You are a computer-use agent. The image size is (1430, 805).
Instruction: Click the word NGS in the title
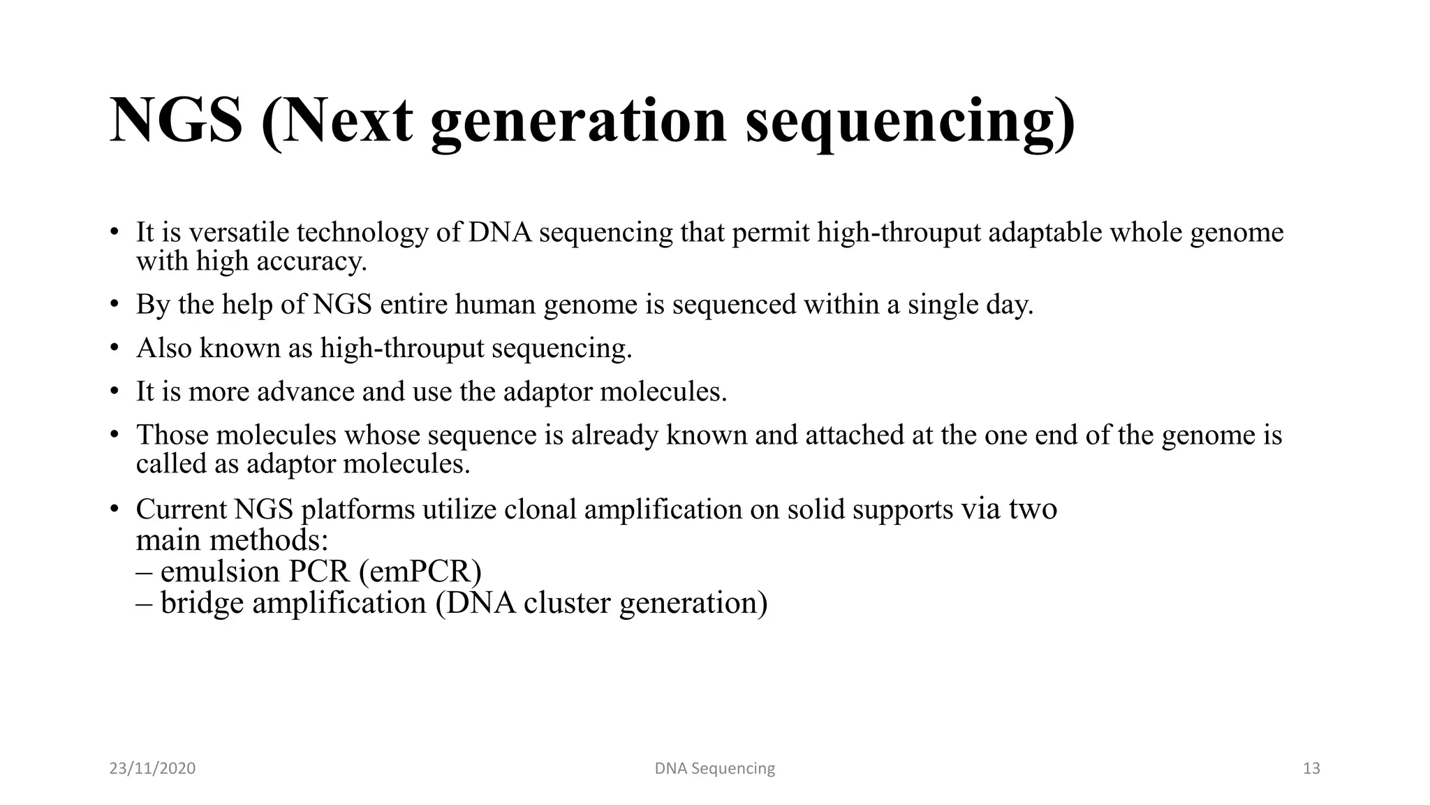pos(176,121)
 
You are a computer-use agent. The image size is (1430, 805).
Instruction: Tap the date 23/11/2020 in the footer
pos(152,769)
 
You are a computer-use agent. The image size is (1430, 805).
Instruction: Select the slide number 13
pos(1311,769)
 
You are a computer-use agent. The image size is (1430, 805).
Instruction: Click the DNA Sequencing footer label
pos(714,769)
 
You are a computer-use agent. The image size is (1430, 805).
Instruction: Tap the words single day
pos(970,305)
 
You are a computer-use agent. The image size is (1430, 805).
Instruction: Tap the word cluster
pos(567,603)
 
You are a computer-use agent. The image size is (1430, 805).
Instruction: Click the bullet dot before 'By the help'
pos(115,305)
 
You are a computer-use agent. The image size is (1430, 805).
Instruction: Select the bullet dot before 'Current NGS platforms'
pos(115,510)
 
